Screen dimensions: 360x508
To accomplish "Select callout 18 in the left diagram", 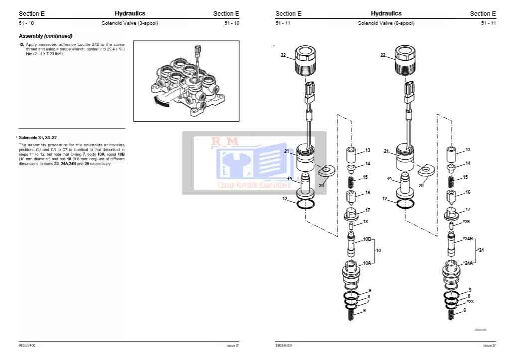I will pos(365,221).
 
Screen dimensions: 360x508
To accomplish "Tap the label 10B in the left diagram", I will pos(367,239).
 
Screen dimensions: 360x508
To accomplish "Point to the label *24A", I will pos(467,263).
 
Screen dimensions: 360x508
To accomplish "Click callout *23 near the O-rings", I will pos(470,302).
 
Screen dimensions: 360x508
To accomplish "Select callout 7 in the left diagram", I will pos(368,302).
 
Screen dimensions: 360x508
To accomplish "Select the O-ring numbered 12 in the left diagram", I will pos(305,204).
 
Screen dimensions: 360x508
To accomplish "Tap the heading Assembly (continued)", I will pos(45,36).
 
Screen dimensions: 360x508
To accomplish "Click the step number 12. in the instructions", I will pos(21,44).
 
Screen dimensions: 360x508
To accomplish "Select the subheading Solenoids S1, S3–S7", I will pos(38,137).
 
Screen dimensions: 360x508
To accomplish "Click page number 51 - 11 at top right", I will pos(488,23).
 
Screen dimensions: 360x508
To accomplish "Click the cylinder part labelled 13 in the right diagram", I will pos(451,153).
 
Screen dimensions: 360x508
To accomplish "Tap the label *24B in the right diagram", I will pos(467,239).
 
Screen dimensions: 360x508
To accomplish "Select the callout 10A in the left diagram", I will pos(367,263).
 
